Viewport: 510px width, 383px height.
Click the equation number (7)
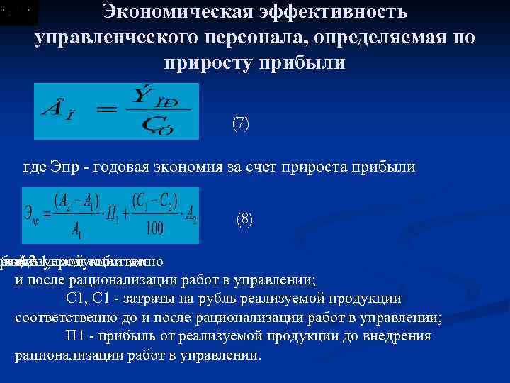(241, 123)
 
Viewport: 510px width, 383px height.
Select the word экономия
(191, 167)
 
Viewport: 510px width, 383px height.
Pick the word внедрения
(395, 335)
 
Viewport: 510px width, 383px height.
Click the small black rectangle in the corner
(19, 13)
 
